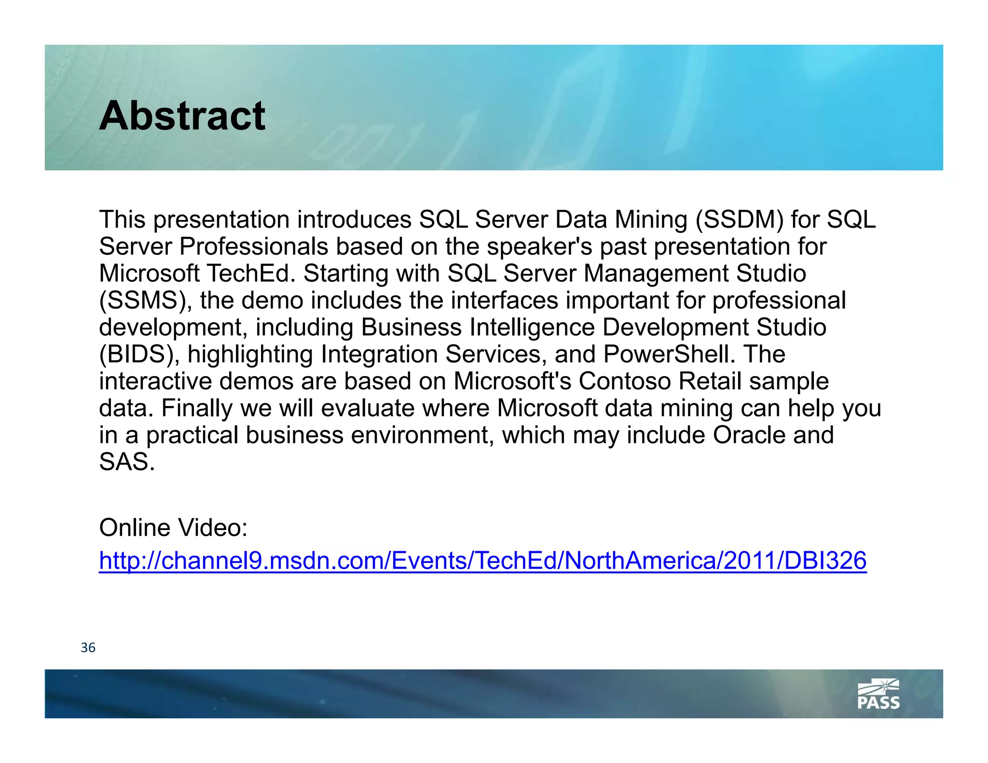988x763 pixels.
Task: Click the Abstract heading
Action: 182,116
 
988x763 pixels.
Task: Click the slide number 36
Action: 88,648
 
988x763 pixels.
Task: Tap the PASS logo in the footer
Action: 878,695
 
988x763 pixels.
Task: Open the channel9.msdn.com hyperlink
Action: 482,560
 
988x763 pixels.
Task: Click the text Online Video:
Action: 173,528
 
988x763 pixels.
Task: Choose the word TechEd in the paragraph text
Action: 251,273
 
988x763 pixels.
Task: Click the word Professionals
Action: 254,246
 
